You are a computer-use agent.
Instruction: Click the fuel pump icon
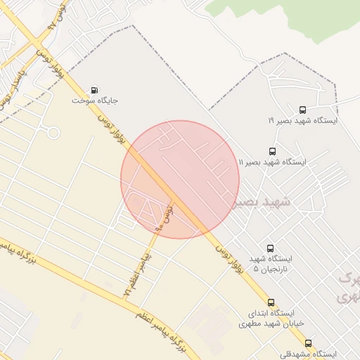click(x=94, y=90)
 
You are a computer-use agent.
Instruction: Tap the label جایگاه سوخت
click(x=95, y=101)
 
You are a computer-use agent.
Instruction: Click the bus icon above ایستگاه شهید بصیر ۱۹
click(x=302, y=110)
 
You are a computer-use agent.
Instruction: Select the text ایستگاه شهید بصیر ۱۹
click(x=302, y=120)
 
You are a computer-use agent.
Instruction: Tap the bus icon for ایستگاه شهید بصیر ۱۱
click(x=272, y=151)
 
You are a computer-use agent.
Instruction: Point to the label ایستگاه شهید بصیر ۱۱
click(x=272, y=162)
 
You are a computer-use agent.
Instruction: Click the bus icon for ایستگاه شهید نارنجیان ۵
click(x=271, y=248)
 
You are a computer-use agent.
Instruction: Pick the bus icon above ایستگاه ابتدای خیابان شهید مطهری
click(x=271, y=302)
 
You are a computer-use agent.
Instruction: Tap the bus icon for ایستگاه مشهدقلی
click(x=309, y=343)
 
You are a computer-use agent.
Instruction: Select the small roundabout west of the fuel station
click(x=53, y=131)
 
